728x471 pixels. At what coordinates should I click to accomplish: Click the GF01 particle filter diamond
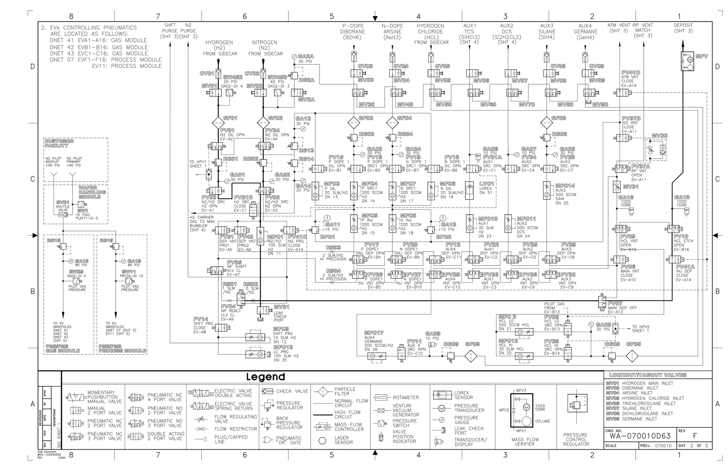[218, 123]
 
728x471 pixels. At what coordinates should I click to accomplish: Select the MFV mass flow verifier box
[687, 61]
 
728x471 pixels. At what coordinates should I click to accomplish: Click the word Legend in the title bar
[266, 377]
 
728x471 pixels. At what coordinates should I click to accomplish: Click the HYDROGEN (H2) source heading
[219, 45]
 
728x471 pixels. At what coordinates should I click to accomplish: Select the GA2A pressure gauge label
[306, 56]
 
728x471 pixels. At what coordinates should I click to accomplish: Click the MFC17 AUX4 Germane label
[374, 333]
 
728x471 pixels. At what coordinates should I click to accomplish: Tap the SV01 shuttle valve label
[63, 202]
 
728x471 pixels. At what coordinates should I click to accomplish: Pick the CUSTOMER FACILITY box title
[59, 143]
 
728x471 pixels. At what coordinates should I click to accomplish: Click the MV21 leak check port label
[281, 307]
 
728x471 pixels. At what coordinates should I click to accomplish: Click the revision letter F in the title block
[695, 436]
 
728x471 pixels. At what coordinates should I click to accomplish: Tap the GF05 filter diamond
[632, 356]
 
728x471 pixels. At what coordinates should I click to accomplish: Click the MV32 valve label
[659, 136]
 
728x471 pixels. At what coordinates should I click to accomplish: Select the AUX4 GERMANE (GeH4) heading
[585, 31]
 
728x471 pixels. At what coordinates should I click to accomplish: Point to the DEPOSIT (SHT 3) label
[683, 28]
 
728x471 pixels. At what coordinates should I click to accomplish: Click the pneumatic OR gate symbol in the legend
[267, 440]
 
